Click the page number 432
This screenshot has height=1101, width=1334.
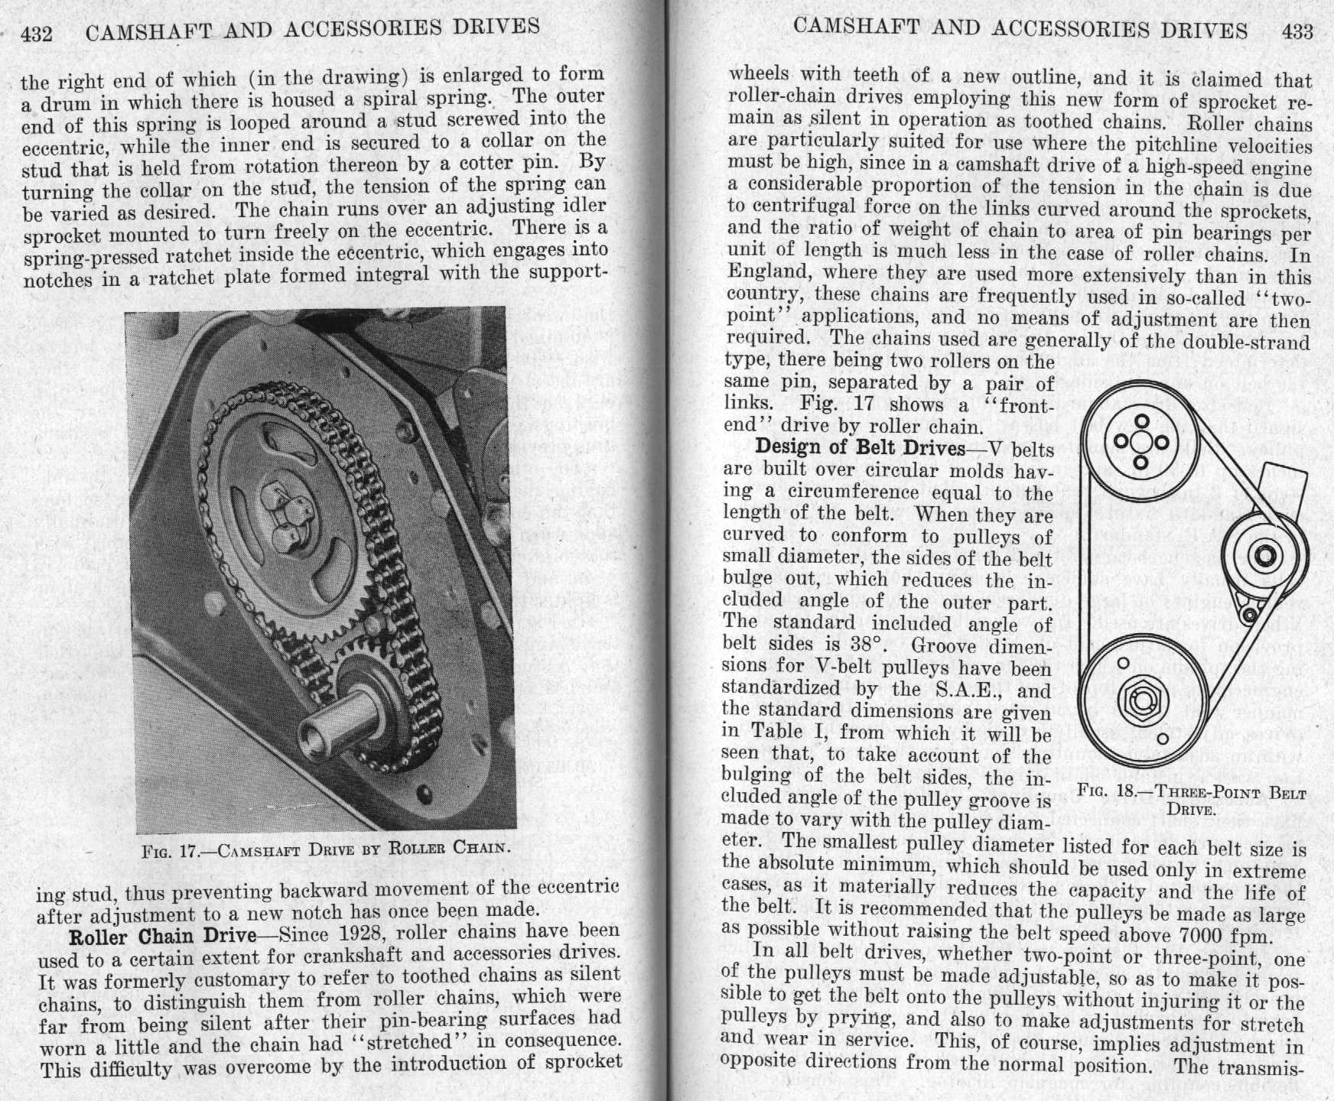(x=36, y=34)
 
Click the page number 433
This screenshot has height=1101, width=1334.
(x=1297, y=31)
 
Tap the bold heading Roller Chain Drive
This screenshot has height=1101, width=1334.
(x=162, y=936)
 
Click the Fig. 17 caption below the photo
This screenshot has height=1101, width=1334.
(x=326, y=848)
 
